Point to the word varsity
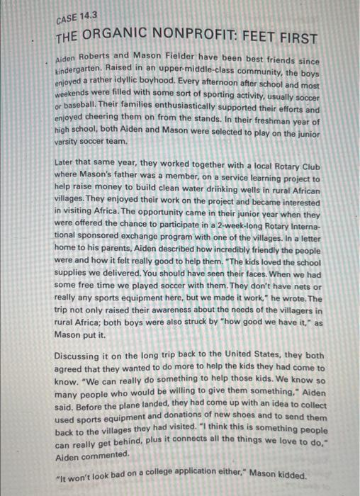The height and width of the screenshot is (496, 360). pyautogui.click(x=69, y=142)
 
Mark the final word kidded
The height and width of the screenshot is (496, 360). pyautogui.click(x=292, y=475)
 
